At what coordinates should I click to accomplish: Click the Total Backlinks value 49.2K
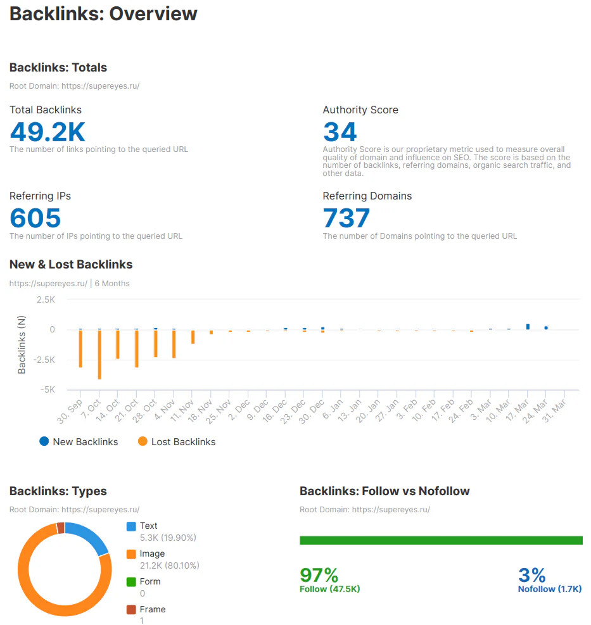pyautogui.click(x=48, y=132)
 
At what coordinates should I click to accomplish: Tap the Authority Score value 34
pyautogui.click(x=340, y=132)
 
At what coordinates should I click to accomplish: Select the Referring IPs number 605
pyautogui.click(x=35, y=218)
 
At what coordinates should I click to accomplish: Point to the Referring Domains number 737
pyautogui.click(x=346, y=218)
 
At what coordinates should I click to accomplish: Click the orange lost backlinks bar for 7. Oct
pyautogui.click(x=99, y=355)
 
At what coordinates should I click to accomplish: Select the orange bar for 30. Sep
pyautogui.click(x=80, y=348)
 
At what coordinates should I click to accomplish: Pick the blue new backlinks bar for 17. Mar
pyautogui.click(x=528, y=327)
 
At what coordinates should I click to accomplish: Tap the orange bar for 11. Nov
pyautogui.click(x=193, y=337)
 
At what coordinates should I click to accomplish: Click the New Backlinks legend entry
pyautogui.click(x=79, y=441)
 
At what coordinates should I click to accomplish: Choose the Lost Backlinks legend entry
pyautogui.click(x=176, y=441)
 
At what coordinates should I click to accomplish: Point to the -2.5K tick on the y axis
pyautogui.click(x=44, y=360)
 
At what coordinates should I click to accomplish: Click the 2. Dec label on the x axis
pyautogui.click(x=239, y=408)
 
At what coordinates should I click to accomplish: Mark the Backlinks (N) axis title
pyautogui.click(x=22, y=344)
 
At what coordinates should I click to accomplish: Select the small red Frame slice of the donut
pyautogui.click(x=61, y=528)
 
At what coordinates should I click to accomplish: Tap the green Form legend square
pyautogui.click(x=131, y=582)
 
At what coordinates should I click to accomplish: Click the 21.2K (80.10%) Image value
pyautogui.click(x=170, y=565)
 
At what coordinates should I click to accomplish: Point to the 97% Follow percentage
pyautogui.click(x=319, y=576)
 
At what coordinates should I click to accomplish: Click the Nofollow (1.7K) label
pyautogui.click(x=550, y=589)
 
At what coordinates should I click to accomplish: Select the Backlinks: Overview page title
pyautogui.click(x=103, y=13)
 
